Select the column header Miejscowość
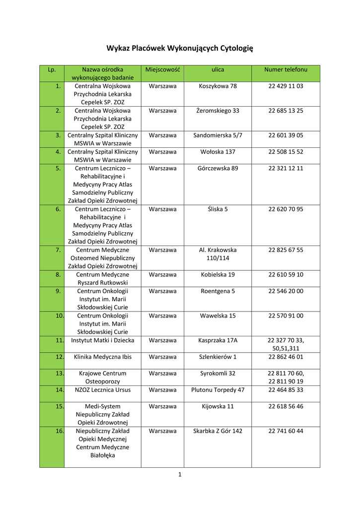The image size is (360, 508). point(162,69)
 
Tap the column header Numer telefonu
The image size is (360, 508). point(286,69)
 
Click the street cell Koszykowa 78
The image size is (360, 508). point(217,86)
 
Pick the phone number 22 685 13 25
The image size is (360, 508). point(286,111)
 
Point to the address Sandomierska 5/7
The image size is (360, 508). point(217,135)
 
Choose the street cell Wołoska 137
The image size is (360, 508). point(217,152)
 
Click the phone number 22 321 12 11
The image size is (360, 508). point(286,168)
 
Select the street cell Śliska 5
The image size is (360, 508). point(217,209)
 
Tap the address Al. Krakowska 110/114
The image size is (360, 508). point(217,254)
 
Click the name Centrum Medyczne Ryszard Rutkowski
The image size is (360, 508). point(102,278)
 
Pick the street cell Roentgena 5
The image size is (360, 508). point(217,291)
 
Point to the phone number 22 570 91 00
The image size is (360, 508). point(286,316)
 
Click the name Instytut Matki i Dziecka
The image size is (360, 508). point(102,340)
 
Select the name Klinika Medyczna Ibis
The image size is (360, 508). point(102,357)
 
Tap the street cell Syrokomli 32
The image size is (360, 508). point(217,373)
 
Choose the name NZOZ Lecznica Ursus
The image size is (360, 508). point(102,390)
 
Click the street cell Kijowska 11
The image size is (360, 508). point(217,406)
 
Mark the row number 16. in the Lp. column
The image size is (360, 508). point(59,431)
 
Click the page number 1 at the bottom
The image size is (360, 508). point(180,475)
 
